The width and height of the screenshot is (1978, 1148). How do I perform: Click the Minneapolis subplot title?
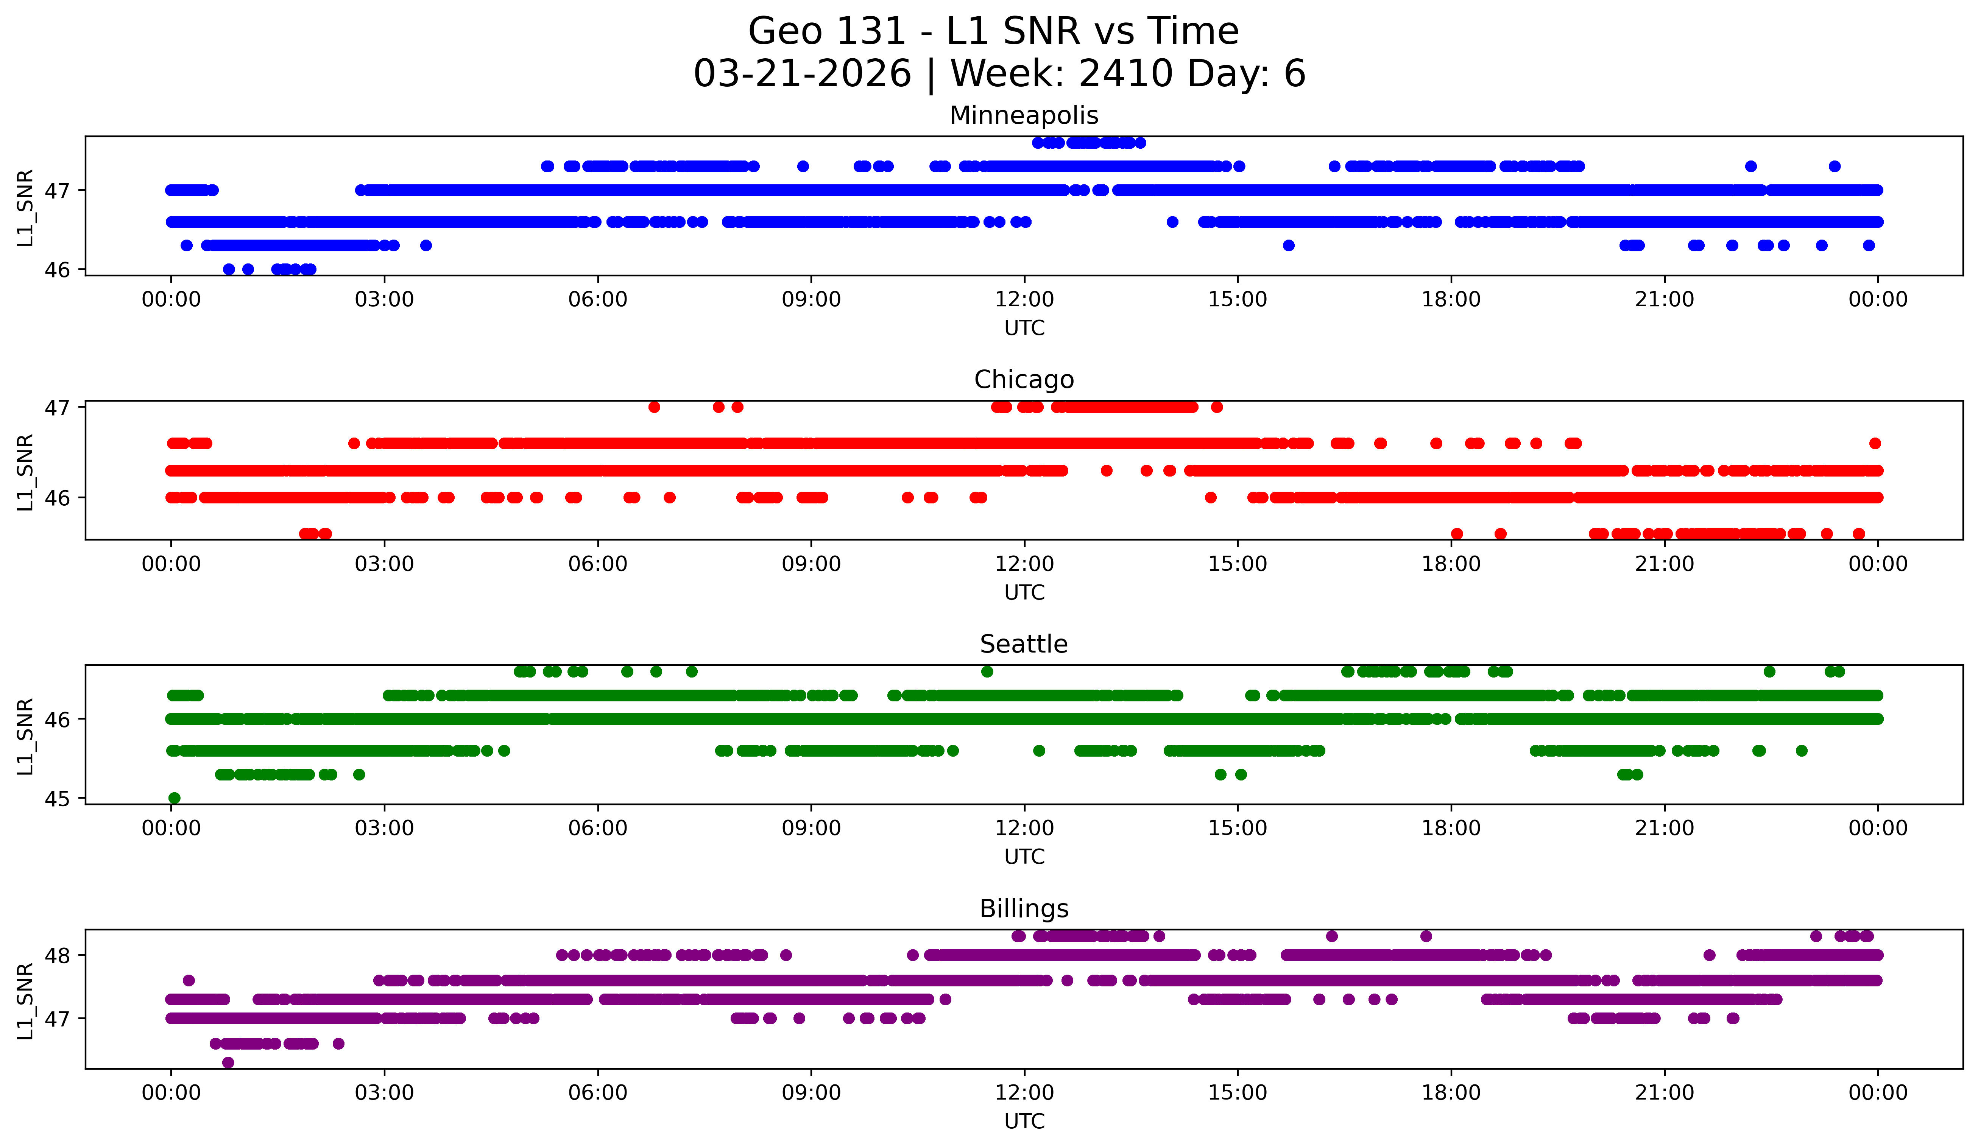click(1024, 115)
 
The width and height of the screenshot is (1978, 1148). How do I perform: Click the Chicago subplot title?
click(1024, 380)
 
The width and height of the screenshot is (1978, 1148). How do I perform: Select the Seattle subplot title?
click(1024, 644)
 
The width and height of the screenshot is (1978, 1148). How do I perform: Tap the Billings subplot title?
click(1024, 909)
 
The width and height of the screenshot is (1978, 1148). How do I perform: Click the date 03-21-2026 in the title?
click(802, 74)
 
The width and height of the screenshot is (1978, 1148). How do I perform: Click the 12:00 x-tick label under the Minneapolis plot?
click(1024, 300)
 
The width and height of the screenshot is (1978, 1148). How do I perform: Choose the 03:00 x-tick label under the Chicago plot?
click(385, 564)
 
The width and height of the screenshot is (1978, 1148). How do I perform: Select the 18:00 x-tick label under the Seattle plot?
click(1451, 829)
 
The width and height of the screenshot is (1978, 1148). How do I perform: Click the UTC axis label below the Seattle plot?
click(1024, 857)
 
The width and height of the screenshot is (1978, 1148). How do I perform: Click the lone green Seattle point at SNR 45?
click(174, 798)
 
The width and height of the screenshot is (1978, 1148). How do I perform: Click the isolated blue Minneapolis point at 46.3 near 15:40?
click(1288, 246)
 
